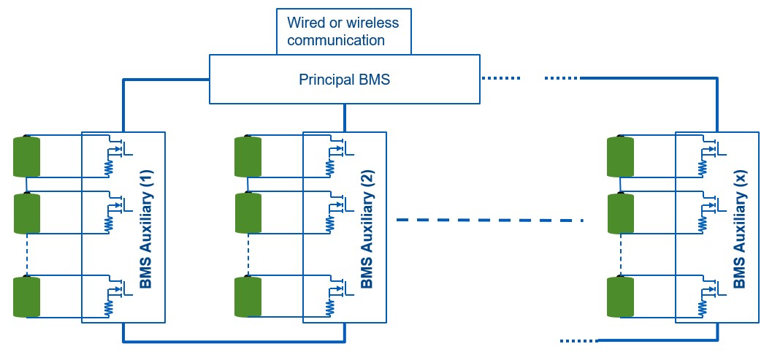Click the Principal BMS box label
344,80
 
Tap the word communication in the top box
335,40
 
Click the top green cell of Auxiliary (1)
27,156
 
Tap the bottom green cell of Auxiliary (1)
27,297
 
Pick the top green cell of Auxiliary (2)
248,156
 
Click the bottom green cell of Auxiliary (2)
248,297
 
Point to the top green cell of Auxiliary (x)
620,156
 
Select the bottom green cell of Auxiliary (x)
620,297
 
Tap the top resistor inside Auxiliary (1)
110,168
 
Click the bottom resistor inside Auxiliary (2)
331,309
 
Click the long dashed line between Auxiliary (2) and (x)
489,219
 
